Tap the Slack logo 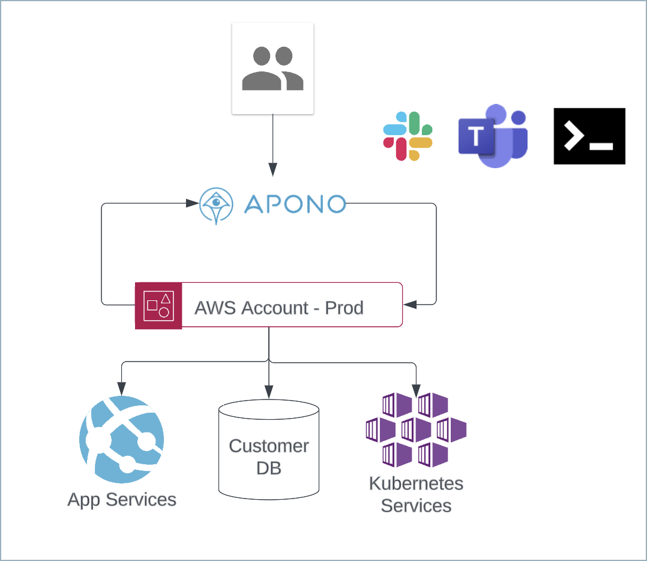408,136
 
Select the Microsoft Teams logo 493,136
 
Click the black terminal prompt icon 589,136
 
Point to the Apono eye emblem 216,205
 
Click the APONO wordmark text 295,204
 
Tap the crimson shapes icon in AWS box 158,306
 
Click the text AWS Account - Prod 279,308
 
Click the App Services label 122,500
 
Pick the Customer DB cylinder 268,449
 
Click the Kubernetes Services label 416,494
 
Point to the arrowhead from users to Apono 272,170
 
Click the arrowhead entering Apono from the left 193,204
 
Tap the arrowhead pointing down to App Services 122,387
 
